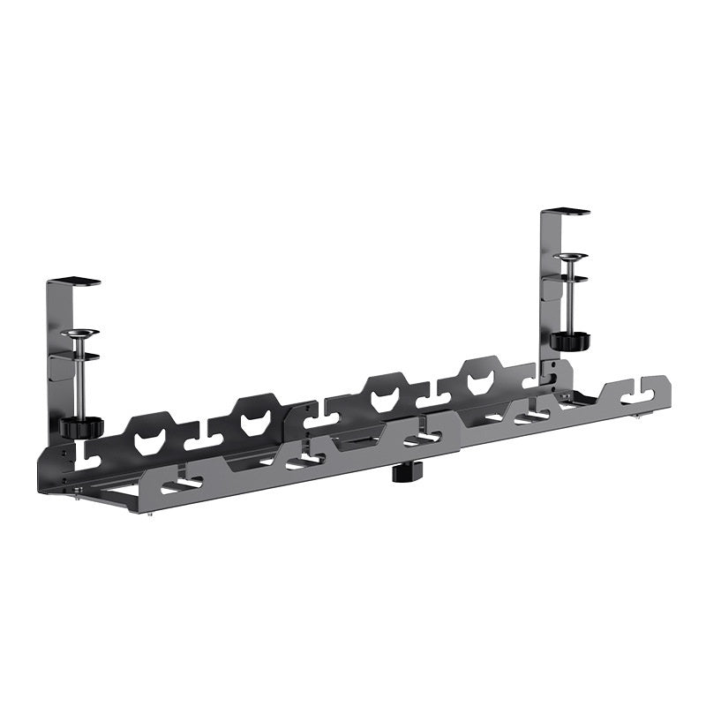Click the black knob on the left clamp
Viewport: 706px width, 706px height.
(x=81, y=427)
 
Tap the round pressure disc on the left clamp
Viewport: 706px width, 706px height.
(x=80, y=334)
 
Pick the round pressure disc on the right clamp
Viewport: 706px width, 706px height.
(x=571, y=258)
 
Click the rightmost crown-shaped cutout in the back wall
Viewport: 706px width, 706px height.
(x=480, y=379)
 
